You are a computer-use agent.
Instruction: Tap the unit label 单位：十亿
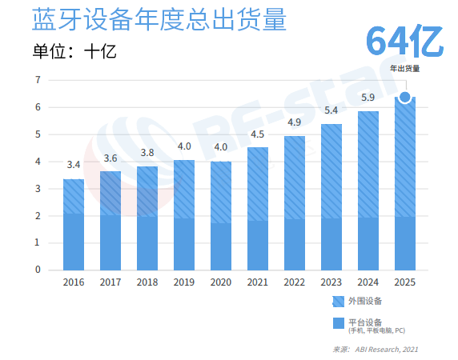(74, 52)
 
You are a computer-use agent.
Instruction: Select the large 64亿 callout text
(404, 42)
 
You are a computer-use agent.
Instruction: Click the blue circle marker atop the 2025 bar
(405, 98)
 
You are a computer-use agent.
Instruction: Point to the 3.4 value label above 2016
(73, 165)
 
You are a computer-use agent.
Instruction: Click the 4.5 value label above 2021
(258, 134)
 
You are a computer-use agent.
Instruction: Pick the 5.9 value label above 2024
(368, 98)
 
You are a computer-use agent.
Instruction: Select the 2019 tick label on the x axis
(184, 282)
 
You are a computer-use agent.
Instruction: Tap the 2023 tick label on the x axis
(331, 282)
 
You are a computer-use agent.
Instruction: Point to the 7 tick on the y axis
(38, 80)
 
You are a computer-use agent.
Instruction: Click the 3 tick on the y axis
(38, 189)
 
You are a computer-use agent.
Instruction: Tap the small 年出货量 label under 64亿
(405, 68)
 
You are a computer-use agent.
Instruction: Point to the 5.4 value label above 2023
(331, 110)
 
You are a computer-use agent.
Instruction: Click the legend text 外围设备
(366, 302)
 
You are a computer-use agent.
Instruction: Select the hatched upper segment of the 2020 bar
(221, 192)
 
